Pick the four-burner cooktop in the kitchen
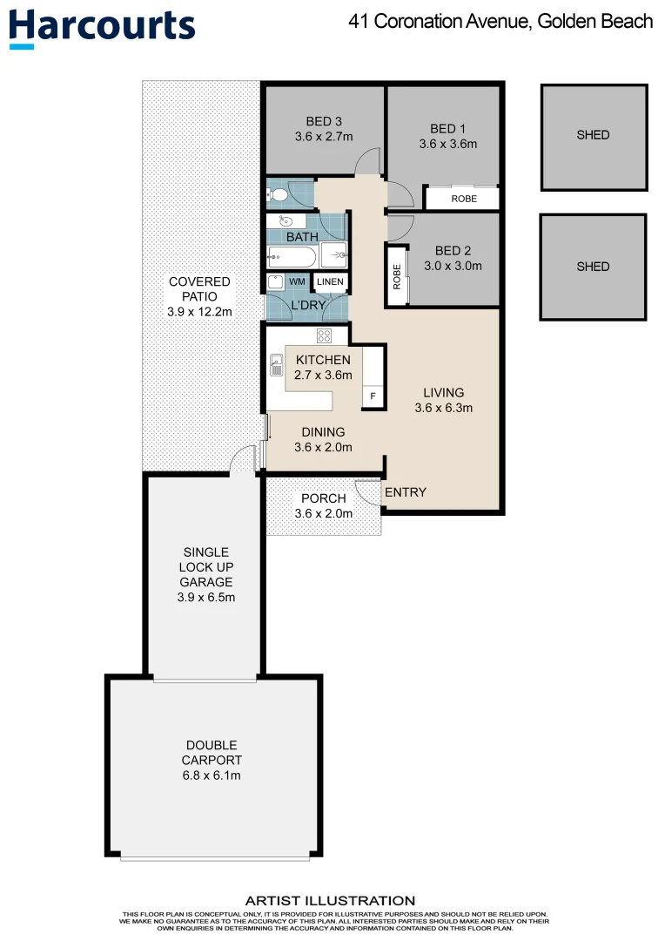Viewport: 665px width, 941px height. (324, 336)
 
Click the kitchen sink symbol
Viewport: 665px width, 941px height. (277, 365)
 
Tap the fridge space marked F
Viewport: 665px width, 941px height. (373, 396)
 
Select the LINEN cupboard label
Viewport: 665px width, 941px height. (330, 281)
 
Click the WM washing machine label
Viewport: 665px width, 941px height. (297, 281)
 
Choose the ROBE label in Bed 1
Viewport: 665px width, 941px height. (463, 199)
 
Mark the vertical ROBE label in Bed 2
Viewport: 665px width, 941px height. (397, 277)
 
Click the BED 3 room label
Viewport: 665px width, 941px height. (323, 121)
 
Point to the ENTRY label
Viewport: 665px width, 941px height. (406, 492)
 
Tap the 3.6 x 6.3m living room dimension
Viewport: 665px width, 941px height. (444, 408)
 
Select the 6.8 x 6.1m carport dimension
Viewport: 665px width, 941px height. (211, 775)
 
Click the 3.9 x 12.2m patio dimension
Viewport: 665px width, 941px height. (199, 311)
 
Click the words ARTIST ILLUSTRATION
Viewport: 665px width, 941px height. (330, 901)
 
